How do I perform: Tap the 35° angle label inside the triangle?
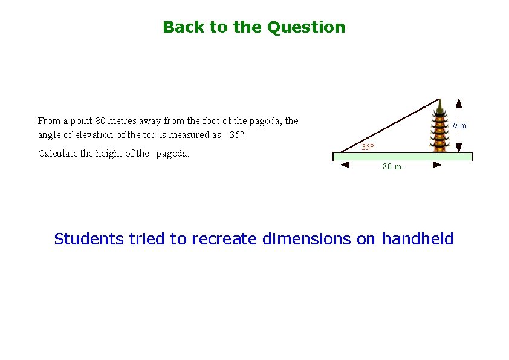click(x=368, y=147)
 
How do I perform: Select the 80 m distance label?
click(x=392, y=167)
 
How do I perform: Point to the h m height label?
click(x=460, y=125)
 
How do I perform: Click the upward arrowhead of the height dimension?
click(x=459, y=102)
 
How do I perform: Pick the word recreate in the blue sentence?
click(x=225, y=239)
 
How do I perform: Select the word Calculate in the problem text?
click(x=57, y=154)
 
